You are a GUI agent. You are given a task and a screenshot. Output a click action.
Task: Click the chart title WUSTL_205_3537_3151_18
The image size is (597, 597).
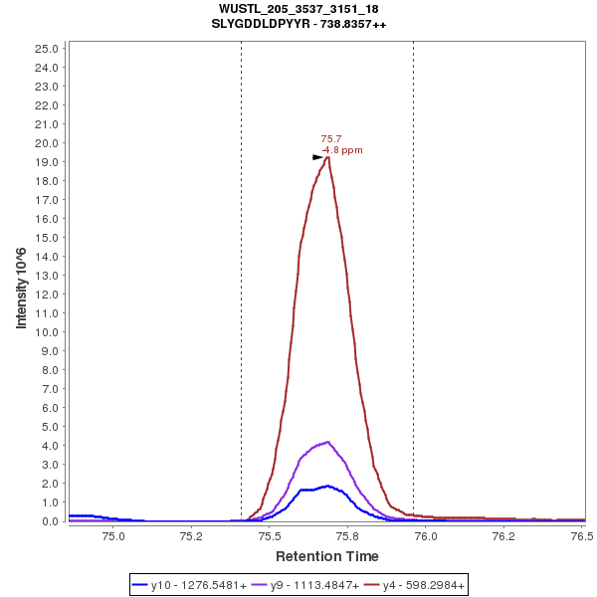click(x=298, y=9)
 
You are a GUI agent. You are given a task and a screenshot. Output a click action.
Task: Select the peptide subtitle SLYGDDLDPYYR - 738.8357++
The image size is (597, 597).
click(x=298, y=23)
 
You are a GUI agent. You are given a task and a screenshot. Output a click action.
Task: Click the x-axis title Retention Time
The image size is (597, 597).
click(x=326, y=555)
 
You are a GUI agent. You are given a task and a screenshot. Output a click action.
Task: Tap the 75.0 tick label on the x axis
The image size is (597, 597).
click(x=114, y=536)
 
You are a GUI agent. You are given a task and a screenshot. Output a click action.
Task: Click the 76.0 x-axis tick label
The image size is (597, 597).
click(x=426, y=536)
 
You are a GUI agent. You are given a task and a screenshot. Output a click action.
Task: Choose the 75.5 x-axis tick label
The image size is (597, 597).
click(x=270, y=536)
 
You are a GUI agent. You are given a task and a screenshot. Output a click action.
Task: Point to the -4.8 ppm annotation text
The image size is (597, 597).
click(x=342, y=150)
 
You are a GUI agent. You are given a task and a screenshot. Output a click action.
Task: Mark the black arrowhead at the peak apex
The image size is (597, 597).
click(x=317, y=157)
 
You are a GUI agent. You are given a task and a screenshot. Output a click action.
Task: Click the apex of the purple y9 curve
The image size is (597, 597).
click(x=327, y=442)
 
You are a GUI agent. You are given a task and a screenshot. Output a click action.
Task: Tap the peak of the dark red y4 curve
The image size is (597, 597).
click(x=328, y=157)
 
